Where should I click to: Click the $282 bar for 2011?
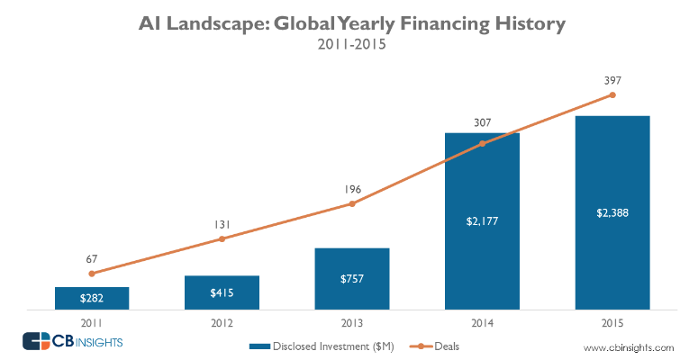92,299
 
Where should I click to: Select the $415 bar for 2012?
222,292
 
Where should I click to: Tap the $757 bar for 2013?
351,279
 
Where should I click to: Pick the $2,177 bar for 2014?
482,221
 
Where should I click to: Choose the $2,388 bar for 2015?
612,213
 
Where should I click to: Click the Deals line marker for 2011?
92,273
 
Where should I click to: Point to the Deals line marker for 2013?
351,203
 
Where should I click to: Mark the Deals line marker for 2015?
612,94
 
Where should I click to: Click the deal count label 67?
92,257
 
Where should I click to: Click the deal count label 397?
612,79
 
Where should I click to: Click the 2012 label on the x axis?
222,321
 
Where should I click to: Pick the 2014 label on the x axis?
482,321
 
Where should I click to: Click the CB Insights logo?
72,342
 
